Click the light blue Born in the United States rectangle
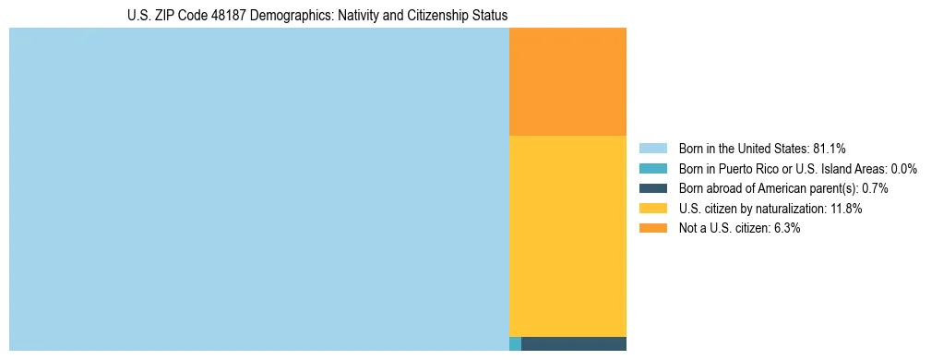[x=258, y=189]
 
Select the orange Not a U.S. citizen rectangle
[x=567, y=81]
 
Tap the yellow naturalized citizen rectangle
[x=567, y=235]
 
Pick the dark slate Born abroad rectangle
[x=574, y=344]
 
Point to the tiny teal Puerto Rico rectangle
[x=515, y=344]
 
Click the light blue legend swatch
[x=652, y=149]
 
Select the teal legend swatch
[x=652, y=169]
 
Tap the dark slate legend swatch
[x=652, y=188]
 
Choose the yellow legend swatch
[x=652, y=209]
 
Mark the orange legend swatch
[x=652, y=228]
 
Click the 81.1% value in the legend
[x=830, y=149]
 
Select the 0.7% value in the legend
[x=875, y=188]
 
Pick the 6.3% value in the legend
[x=784, y=228]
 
